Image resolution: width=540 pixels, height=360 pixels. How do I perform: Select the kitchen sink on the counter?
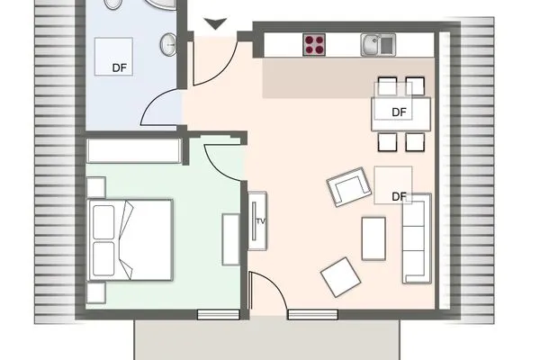pyautogui.click(x=374, y=43)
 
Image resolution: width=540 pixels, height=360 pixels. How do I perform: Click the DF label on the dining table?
pyautogui.click(x=400, y=112)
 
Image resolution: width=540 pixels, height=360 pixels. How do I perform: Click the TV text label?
pyautogui.click(x=260, y=220)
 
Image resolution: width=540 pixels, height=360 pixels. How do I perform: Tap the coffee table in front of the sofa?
pyautogui.click(x=373, y=237)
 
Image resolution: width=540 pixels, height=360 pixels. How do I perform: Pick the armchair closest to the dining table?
pyautogui.click(x=350, y=187)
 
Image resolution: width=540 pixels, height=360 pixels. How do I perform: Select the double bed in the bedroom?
pyautogui.click(x=132, y=241)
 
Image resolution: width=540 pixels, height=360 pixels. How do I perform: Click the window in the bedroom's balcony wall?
pyautogui.click(x=219, y=314)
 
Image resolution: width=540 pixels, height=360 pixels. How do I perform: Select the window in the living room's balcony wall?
pyautogui.click(x=313, y=314)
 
